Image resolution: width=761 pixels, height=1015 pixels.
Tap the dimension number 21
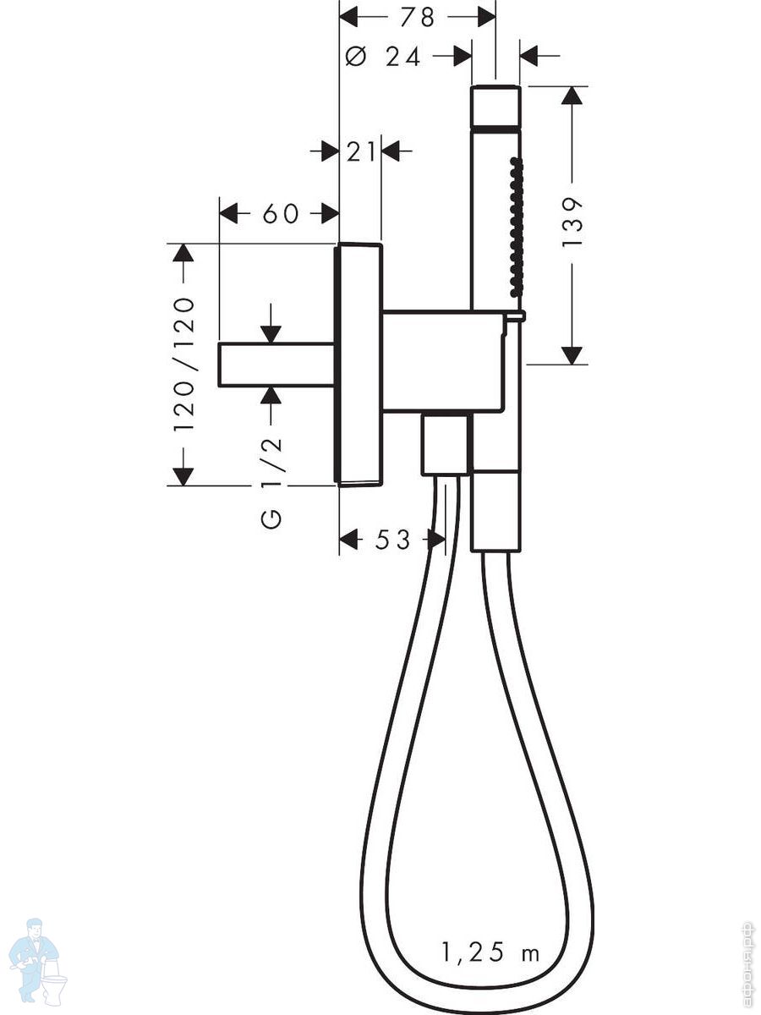point(361,151)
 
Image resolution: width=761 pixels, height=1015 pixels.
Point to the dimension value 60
point(281,214)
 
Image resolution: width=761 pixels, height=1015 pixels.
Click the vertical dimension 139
point(573,222)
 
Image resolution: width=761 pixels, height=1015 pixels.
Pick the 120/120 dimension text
point(183,364)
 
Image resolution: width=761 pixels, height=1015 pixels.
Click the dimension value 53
point(392,539)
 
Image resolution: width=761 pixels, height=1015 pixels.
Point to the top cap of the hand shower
point(495,106)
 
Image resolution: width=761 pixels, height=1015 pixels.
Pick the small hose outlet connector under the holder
point(444,445)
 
